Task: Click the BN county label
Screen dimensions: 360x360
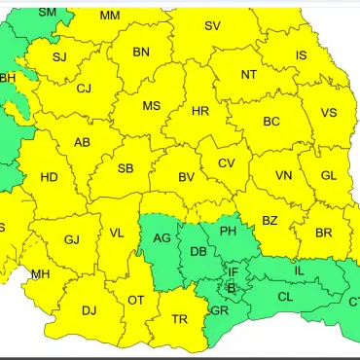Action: (x=141, y=52)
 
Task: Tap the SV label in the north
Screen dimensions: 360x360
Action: (x=212, y=25)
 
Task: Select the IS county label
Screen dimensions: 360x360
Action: (x=302, y=55)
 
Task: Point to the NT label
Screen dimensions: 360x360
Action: (x=249, y=74)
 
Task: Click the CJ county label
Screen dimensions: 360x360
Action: (x=84, y=89)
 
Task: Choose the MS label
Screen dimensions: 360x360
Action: (x=152, y=105)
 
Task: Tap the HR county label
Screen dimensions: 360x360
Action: (x=200, y=111)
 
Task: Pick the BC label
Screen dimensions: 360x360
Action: (x=271, y=122)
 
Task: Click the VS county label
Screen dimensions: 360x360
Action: (x=329, y=112)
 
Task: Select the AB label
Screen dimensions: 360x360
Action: (x=83, y=143)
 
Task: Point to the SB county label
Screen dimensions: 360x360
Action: (x=126, y=168)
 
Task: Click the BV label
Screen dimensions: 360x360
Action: (x=187, y=177)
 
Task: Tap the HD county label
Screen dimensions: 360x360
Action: (x=49, y=177)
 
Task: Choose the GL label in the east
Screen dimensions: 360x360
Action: (x=329, y=175)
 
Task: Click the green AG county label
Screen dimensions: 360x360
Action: (x=163, y=237)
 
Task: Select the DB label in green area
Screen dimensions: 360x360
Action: (x=198, y=251)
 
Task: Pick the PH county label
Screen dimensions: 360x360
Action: (x=228, y=231)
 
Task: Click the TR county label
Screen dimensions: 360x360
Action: (x=180, y=319)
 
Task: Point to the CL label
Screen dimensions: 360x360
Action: (x=285, y=297)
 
